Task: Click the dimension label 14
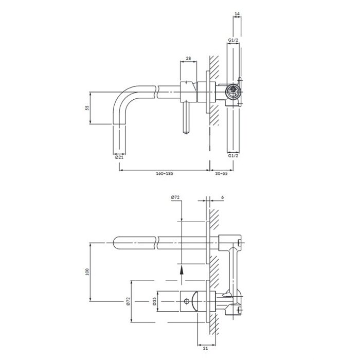point(237,14)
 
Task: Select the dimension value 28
point(188,58)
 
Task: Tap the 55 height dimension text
point(87,108)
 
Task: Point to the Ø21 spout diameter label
point(119,157)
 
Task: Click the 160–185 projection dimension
point(165,173)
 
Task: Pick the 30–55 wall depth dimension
point(221,173)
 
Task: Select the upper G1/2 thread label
point(233,40)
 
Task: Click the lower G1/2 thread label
point(233,155)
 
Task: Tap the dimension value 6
point(222,197)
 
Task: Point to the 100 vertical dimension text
point(87,272)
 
